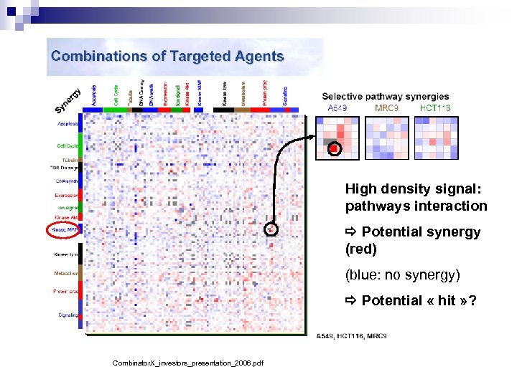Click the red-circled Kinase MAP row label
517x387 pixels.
click(x=64, y=231)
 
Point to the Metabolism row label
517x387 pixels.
click(x=65, y=273)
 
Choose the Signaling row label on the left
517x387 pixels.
click(x=67, y=315)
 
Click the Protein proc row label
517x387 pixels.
click(x=65, y=291)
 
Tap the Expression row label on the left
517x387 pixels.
click(x=67, y=195)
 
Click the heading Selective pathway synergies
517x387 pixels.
click(x=385, y=97)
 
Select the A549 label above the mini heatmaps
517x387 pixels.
click(x=337, y=108)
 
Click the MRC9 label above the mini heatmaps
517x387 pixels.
click(x=387, y=108)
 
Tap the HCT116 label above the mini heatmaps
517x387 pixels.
click(x=435, y=108)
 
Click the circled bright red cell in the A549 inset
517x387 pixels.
click(x=334, y=149)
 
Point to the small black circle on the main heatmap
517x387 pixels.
click(x=271, y=229)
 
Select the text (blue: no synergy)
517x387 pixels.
click(x=401, y=274)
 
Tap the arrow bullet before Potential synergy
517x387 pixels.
click(x=351, y=232)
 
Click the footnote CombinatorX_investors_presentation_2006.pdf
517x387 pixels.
click(x=187, y=363)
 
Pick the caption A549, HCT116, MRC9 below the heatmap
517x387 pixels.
click(x=351, y=336)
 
